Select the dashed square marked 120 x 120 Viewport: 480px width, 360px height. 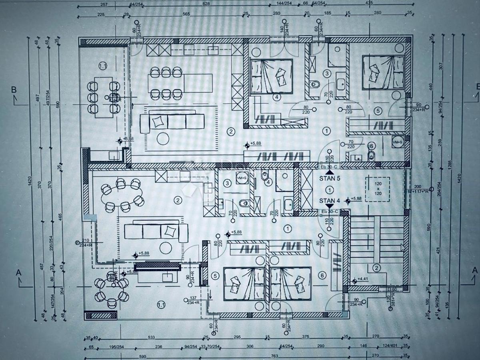coord(378,188)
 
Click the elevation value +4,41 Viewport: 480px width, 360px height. coord(363,279)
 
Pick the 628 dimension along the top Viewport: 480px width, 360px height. coord(206,4)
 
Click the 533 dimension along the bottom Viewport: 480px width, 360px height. coord(151,337)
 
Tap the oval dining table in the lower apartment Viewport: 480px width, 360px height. coord(122,195)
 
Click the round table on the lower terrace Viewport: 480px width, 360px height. coord(112,289)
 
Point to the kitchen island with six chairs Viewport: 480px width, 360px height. coord(166,83)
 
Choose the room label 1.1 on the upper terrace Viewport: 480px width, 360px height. coord(103,65)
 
